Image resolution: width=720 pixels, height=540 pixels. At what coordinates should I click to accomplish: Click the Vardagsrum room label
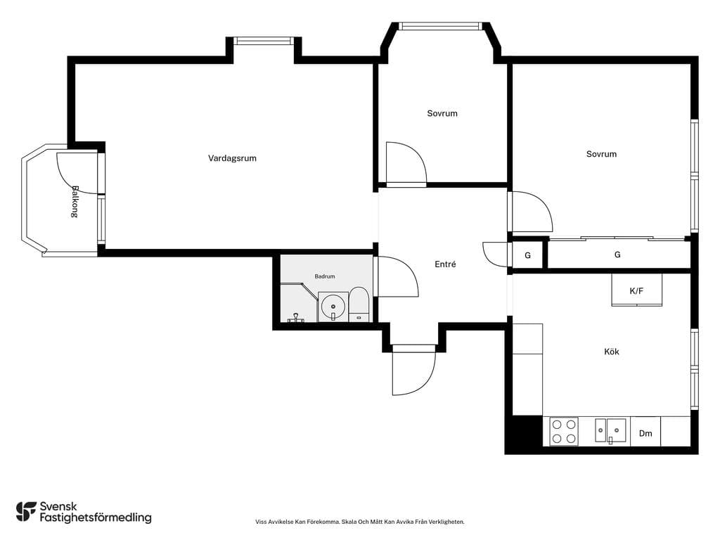click(x=232, y=158)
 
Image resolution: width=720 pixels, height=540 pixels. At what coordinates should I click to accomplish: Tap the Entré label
click(x=445, y=264)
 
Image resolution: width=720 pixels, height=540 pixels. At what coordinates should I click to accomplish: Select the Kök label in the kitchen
click(x=611, y=352)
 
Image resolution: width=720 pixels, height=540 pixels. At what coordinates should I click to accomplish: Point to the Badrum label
click(x=325, y=276)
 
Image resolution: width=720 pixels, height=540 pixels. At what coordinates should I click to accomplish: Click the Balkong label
click(x=75, y=201)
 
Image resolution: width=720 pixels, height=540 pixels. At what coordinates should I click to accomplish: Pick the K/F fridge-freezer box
click(x=636, y=290)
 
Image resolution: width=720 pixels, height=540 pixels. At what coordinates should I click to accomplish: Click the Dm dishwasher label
click(x=645, y=433)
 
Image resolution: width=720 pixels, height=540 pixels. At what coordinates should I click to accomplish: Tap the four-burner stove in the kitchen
click(x=564, y=432)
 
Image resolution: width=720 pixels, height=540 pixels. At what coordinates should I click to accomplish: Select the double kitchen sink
click(x=610, y=431)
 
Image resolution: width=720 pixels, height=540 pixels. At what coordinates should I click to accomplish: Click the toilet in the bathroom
click(x=359, y=304)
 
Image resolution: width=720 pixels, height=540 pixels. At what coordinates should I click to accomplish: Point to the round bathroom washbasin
click(x=333, y=307)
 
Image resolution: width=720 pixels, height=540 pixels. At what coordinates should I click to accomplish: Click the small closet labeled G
click(x=527, y=255)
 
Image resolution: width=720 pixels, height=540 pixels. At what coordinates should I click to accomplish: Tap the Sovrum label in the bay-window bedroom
click(x=442, y=113)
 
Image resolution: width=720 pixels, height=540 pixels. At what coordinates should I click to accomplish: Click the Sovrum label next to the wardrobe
click(x=601, y=154)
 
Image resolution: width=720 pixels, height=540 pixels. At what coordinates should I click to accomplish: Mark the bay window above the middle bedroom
click(x=441, y=26)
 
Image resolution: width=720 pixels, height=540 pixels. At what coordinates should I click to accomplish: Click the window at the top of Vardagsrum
click(x=264, y=41)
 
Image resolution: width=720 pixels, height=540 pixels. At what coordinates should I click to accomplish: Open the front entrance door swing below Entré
click(x=413, y=370)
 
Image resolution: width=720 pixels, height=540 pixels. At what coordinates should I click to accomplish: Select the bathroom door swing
click(x=396, y=276)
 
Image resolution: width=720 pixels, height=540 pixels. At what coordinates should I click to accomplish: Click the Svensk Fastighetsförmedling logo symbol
click(x=26, y=512)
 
